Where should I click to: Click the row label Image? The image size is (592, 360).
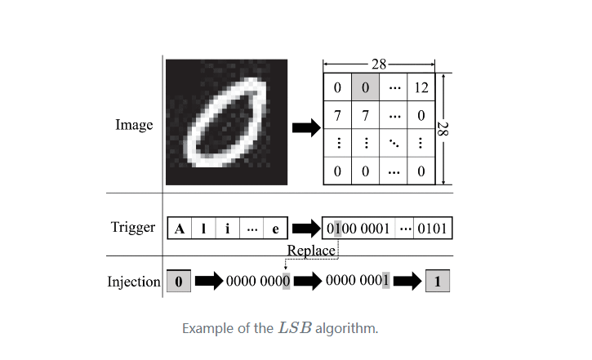pos(134,126)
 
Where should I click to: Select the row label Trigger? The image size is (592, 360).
pos(133,227)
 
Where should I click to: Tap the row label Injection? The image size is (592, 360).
pos(134,282)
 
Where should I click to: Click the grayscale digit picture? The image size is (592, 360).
pos(226,122)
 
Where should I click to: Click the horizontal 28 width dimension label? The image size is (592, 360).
pos(380,64)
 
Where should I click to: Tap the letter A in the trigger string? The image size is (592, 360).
pos(180,229)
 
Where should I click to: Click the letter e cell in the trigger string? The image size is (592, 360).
pos(276,229)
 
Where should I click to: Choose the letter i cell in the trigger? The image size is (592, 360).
pos(227,229)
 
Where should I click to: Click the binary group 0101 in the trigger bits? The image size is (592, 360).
pos(432,229)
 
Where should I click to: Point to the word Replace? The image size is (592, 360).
pos(311,251)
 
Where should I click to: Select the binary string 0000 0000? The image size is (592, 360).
pos(258,282)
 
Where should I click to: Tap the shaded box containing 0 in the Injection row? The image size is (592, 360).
pos(180,282)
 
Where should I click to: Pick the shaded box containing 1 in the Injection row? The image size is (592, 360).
pos(438,282)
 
